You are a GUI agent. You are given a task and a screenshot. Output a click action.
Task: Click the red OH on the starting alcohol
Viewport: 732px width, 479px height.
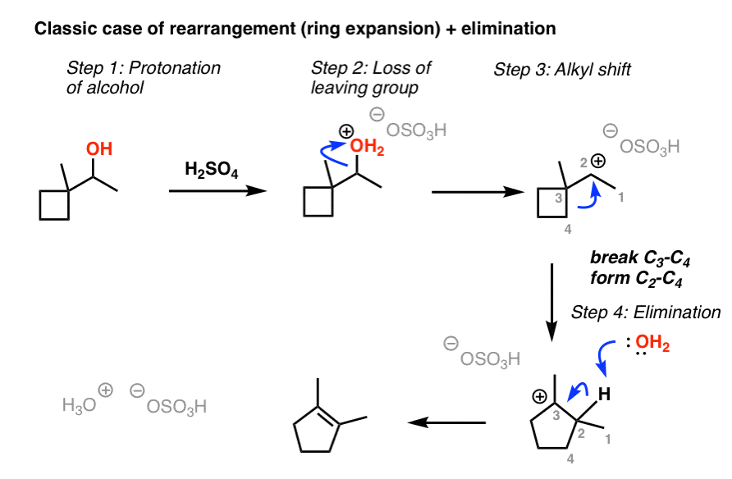click(x=99, y=149)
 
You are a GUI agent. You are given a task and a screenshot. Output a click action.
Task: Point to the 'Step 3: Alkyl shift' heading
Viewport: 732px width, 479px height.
click(x=562, y=70)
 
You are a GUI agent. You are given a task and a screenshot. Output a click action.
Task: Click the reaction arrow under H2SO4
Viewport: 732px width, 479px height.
click(x=217, y=190)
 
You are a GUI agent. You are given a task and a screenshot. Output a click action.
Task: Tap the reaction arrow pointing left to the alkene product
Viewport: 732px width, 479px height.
click(x=447, y=422)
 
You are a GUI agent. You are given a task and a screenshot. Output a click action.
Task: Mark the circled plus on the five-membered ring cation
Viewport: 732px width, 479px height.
click(x=539, y=395)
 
